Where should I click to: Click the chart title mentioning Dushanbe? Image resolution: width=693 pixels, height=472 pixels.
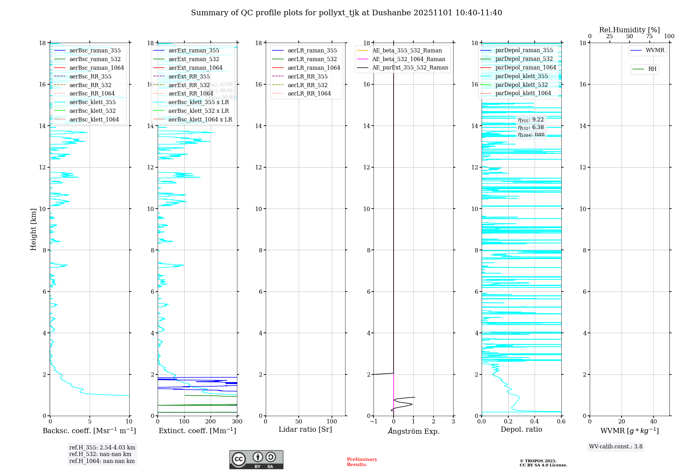tap(346, 13)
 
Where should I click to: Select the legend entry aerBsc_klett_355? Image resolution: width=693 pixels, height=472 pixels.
tap(93, 102)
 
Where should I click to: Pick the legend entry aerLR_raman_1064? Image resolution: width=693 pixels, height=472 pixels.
tap(314, 68)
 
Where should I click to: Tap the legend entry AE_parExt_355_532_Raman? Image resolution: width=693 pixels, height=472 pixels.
tap(410, 68)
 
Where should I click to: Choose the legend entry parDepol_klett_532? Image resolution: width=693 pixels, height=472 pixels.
tap(521, 85)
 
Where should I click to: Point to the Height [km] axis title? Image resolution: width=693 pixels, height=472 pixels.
tap(33, 229)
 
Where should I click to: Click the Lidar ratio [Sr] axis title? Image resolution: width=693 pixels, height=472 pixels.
tap(305, 429)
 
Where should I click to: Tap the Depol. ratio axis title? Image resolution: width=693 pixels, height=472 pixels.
tap(521, 429)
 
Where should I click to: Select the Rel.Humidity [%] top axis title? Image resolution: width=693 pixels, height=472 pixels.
tap(629, 30)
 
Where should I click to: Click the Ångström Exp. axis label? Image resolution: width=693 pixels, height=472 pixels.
tap(413, 431)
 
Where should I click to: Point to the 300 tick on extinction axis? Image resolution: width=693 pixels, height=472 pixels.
tap(237, 422)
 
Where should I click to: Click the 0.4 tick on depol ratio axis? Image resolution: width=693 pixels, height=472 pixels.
tap(535, 422)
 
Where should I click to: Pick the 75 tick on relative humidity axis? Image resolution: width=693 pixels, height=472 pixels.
tap(649, 36)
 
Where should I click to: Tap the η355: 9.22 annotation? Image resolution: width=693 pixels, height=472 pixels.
tap(531, 120)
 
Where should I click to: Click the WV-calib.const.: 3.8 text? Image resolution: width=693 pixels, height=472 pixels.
tap(616, 447)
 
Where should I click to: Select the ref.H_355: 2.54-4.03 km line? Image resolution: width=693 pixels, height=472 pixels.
tap(102, 448)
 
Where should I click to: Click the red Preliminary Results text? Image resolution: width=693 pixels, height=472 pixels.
tap(362, 462)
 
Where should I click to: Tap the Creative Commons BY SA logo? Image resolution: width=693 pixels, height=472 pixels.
tap(256, 460)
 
